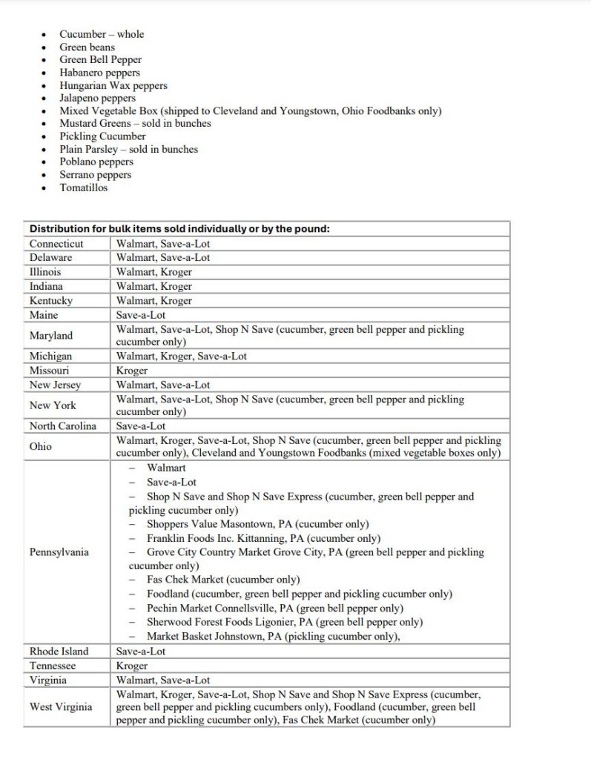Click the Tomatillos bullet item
click(83, 188)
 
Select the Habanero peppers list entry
click(99, 73)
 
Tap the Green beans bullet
click(87, 47)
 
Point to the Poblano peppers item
click(96, 162)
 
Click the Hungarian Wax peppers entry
click(113, 85)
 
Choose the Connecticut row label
click(56, 243)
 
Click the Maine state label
click(44, 315)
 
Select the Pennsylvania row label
click(59, 552)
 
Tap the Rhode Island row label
click(59, 651)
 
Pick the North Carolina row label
click(63, 426)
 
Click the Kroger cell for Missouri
click(132, 370)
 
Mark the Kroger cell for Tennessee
click(132, 666)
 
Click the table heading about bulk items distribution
click(179, 228)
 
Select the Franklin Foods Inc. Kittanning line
click(263, 538)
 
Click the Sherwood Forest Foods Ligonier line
click(284, 622)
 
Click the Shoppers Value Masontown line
click(257, 524)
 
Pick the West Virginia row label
click(61, 706)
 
